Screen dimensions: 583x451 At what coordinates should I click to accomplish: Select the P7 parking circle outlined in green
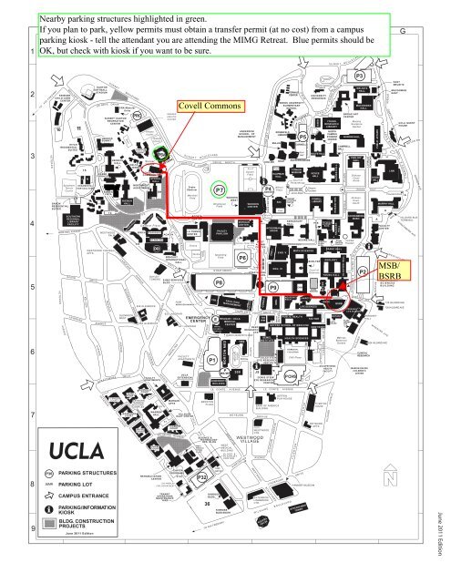tap(220, 189)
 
